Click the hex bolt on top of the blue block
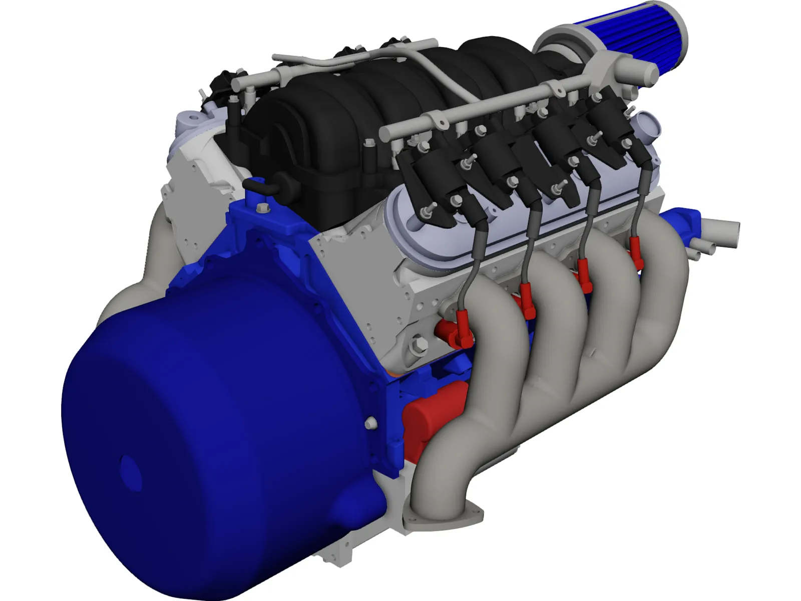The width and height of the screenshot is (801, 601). [x=261, y=208]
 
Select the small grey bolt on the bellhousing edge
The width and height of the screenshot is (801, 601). [x=370, y=423]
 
